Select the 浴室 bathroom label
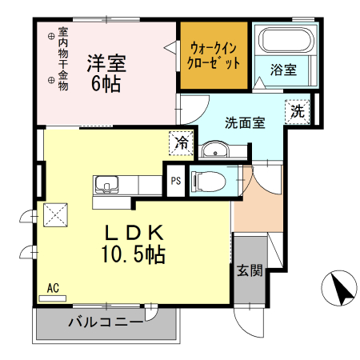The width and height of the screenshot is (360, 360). [283, 70]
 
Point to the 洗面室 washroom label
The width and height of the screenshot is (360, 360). [244, 123]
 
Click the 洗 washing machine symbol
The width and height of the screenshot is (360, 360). [297, 111]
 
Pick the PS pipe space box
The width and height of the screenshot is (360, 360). [175, 180]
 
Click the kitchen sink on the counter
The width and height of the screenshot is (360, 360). [107, 186]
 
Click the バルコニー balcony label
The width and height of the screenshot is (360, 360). [105, 324]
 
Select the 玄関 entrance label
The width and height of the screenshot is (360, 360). [248, 270]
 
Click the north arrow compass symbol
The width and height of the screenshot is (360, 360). [340, 287]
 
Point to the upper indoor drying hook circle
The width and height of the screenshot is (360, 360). [50, 35]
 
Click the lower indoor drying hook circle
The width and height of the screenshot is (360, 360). [50, 79]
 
